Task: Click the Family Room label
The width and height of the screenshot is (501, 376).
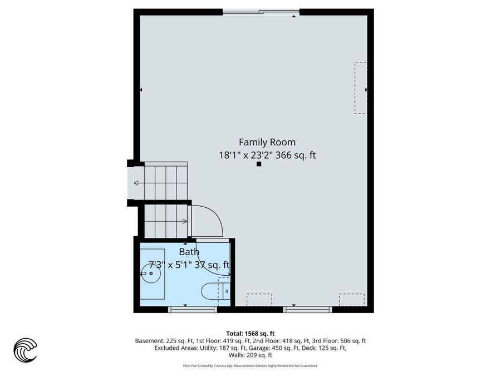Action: [x=267, y=142]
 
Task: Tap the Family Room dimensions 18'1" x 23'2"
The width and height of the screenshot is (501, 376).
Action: [x=245, y=155]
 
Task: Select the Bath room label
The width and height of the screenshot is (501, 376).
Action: [x=189, y=252]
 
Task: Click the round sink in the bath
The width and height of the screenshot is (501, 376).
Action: [x=151, y=274]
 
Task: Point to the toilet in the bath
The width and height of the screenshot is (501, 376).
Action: [x=215, y=291]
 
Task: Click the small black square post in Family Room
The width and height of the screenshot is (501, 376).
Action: [x=259, y=164]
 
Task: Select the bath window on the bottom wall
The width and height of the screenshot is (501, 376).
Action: [x=193, y=309]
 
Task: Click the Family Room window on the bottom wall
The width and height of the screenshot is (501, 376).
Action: [x=307, y=309]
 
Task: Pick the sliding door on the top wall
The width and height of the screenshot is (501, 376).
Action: [x=261, y=12]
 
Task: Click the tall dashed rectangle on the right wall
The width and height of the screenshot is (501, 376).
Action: [x=361, y=88]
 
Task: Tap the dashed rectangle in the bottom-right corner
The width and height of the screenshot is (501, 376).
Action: [x=351, y=300]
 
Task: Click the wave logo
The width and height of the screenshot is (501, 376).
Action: [x=25, y=350]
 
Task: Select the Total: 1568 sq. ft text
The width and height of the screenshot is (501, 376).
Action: [x=250, y=334]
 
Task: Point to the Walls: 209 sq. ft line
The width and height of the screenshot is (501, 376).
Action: [x=250, y=355]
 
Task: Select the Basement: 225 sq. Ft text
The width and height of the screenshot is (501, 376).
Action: [x=164, y=341]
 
